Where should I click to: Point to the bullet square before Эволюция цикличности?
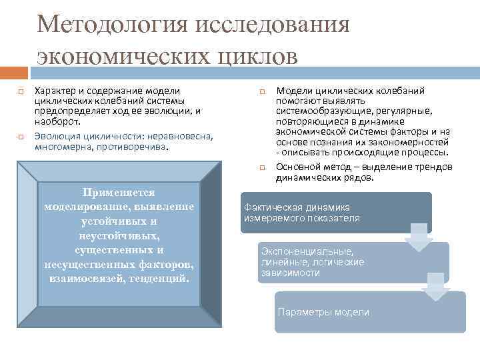click(21, 135)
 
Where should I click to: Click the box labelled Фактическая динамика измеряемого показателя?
click(335, 213)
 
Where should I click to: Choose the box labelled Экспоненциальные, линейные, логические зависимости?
click(353, 261)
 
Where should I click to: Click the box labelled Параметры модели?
click(370, 312)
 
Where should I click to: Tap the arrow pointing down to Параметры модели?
click(435, 286)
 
